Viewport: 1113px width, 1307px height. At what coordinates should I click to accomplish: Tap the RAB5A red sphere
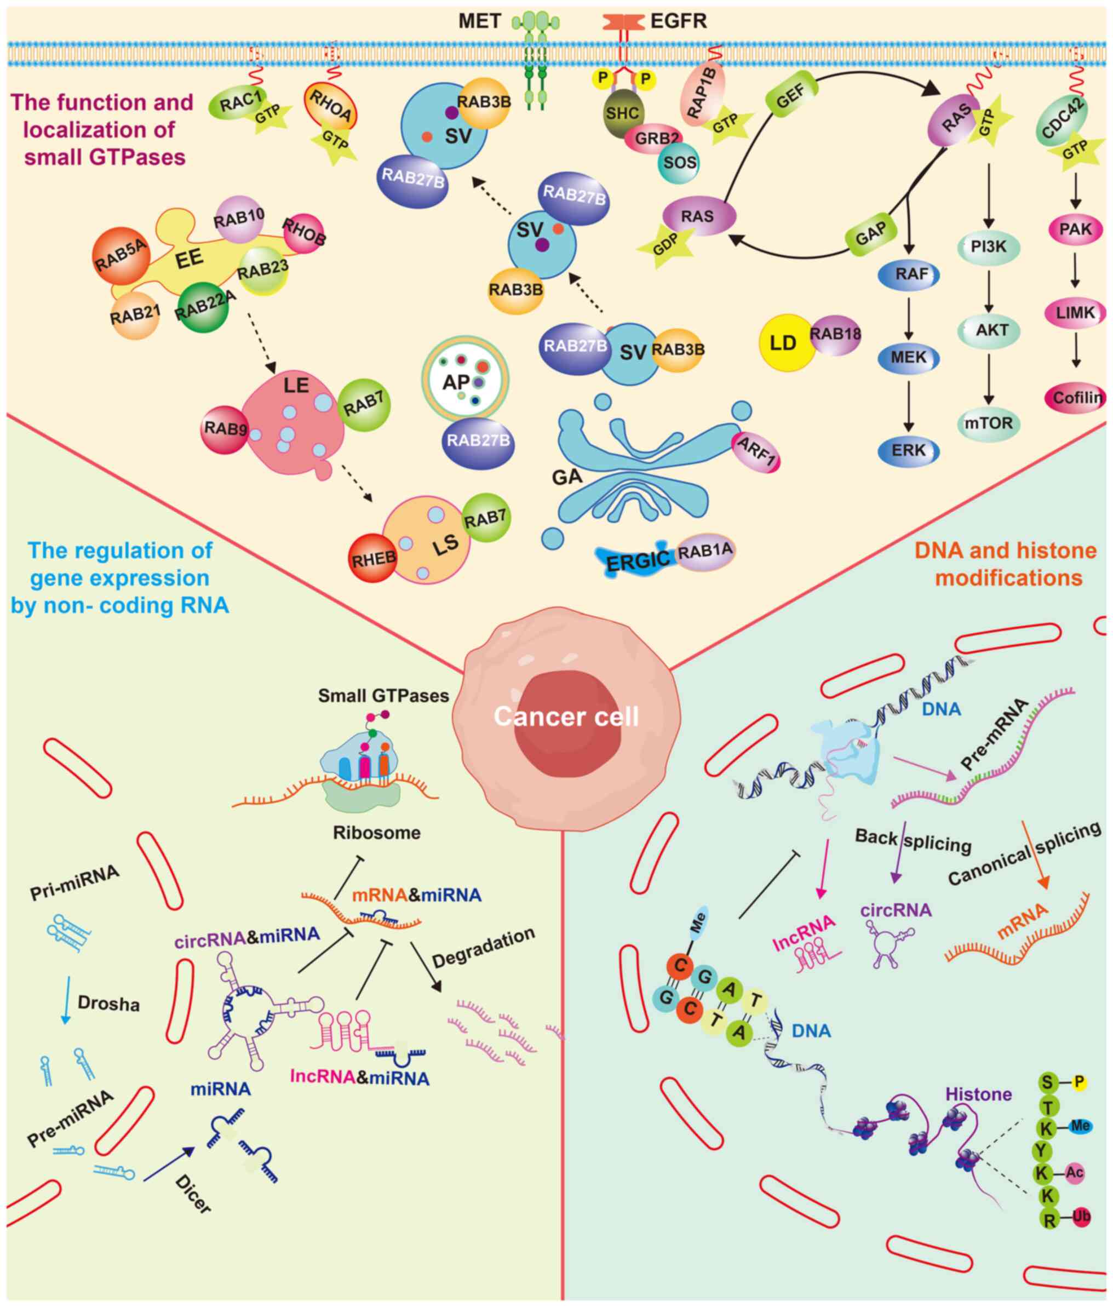pyautogui.click(x=121, y=255)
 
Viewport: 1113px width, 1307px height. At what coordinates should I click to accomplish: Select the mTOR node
pyautogui.click(x=989, y=423)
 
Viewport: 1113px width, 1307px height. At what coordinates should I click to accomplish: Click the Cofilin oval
pyautogui.click(x=1076, y=397)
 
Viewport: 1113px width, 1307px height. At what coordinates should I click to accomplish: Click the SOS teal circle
pyautogui.click(x=679, y=163)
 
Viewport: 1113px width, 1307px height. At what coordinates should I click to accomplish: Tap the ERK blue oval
pyautogui.click(x=909, y=450)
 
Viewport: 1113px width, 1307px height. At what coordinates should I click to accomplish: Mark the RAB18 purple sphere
pyautogui.click(x=835, y=334)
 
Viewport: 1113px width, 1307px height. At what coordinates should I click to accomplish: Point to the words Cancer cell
pyautogui.click(x=566, y=716)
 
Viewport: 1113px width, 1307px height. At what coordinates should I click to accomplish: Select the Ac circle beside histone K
pyautogui.click(x=1075, y=1173)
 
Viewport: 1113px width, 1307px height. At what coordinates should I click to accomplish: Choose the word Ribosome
pyautogui.click(x=376, y=833)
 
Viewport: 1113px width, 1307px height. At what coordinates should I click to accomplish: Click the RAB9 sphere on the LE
pyautogui.click(x=225, y=429)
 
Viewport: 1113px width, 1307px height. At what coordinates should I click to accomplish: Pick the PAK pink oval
pyautogui.click(x=1076, y=229)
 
